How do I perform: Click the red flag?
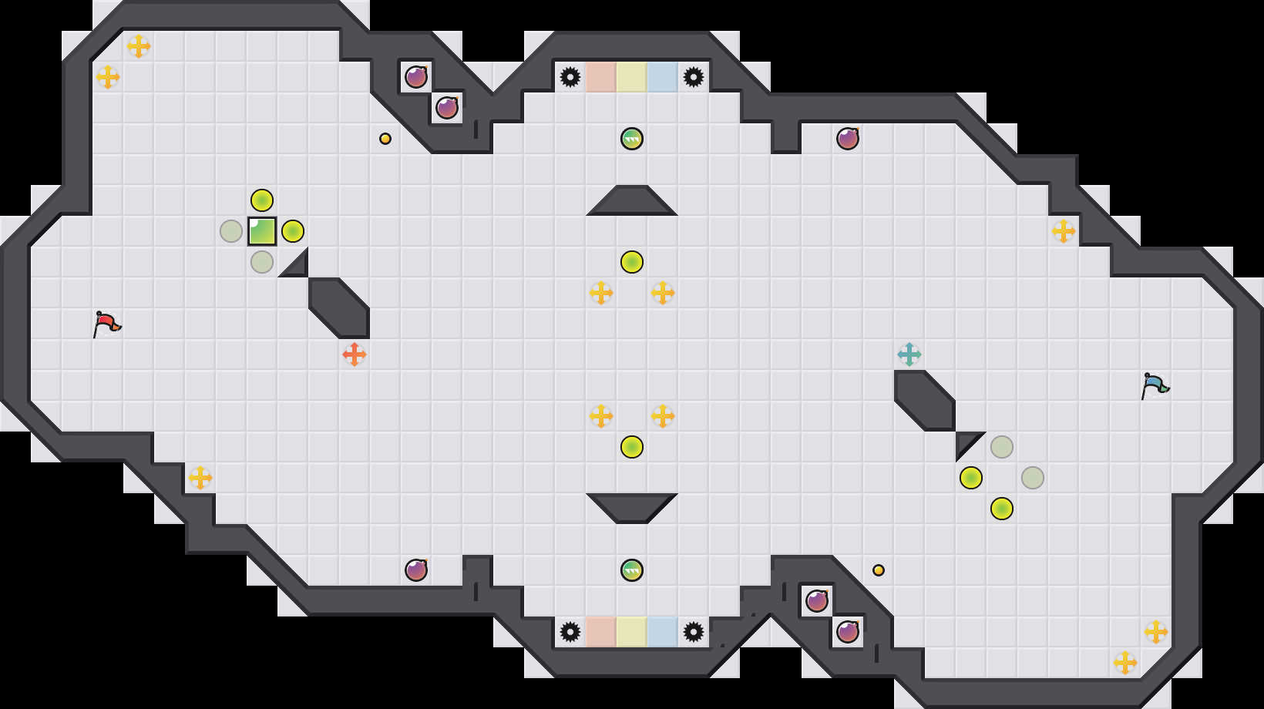click(x=106, y=324)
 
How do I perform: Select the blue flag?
click(x=1155, y=385)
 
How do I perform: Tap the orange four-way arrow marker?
click(x=355, y=354)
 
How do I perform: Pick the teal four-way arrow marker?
click(x=909, y=354)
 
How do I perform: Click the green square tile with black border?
click(x=262, y=231)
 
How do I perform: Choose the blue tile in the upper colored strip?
click(x=663, y=77)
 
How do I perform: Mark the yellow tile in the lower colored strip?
click(x=632, y=632)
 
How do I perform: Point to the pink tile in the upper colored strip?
click(x=601, y=77)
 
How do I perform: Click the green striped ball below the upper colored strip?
click(x=632, y=139)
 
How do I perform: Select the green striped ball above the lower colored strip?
click(x=632, y=570)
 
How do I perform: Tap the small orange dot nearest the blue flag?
click(x=879, y=570)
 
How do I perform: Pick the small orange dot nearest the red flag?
click(x=385, y=139)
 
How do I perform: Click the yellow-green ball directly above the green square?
click(x=262, y=200)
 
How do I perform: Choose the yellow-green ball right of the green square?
click(x=293, y=231)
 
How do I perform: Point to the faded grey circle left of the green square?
click(x=231, y=231)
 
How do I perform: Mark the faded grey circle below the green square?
click(x=262, y=262)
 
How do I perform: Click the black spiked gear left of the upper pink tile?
click(x=570, y=77)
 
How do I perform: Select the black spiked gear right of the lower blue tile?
click(x=694, y=632)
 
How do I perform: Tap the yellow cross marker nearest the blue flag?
click(x=1064, y=231)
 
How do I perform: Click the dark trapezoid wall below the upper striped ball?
click(x=632, y=202)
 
